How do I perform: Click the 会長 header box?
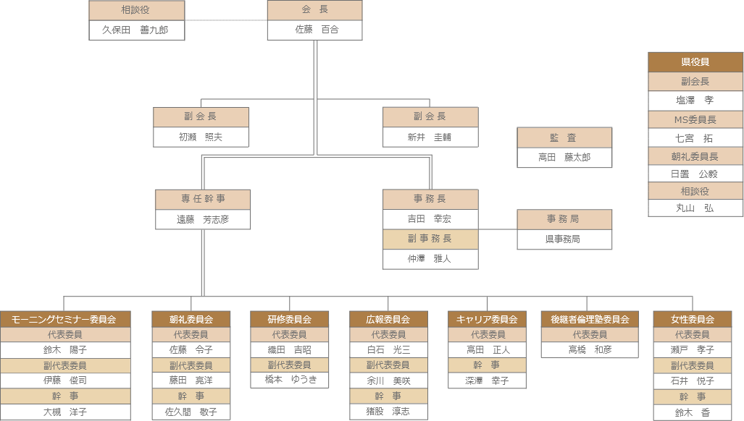click(314, 10)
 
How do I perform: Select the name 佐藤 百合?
click(314, 30)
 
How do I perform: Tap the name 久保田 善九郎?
click(137, 30)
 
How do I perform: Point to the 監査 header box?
click(564, 137)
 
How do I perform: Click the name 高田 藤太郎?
click(564, 157)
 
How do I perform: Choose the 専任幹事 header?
click(203, 200)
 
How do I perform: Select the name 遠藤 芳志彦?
click(203, 219)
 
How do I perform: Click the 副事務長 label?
click(430, 239)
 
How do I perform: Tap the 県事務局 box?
click(564, 239)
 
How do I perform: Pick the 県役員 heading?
click(695, 62)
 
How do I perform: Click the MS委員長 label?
click(695, 119)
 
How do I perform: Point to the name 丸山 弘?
click(695, 208)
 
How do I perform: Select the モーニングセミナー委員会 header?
click(65, 319)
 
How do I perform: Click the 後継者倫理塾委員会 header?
click(590, 319)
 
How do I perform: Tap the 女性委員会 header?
click(693, 319)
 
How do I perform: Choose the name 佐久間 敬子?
click(191, 412)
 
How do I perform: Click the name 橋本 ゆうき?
click(289, 380)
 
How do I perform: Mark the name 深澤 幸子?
click(487, 380)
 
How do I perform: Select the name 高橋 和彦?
click(590, 350)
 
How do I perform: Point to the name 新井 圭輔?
click(430, 137)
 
